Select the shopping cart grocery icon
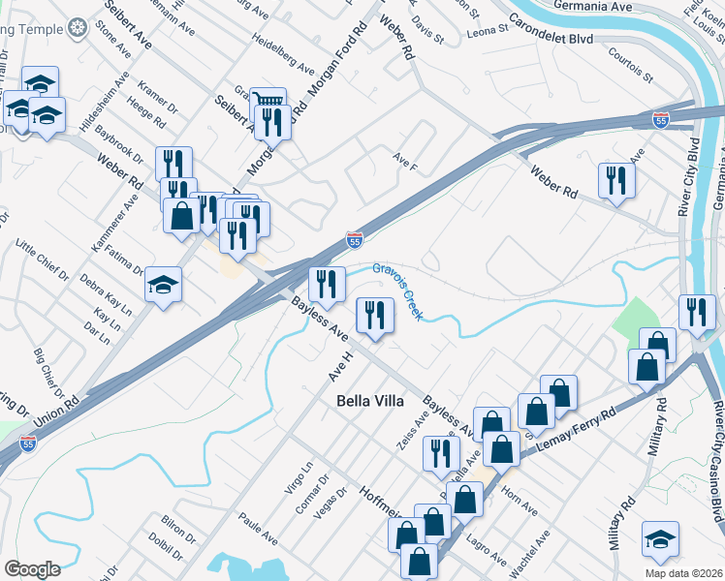point(268,101)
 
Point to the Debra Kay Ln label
point(108,291)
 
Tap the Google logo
point(32,569)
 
